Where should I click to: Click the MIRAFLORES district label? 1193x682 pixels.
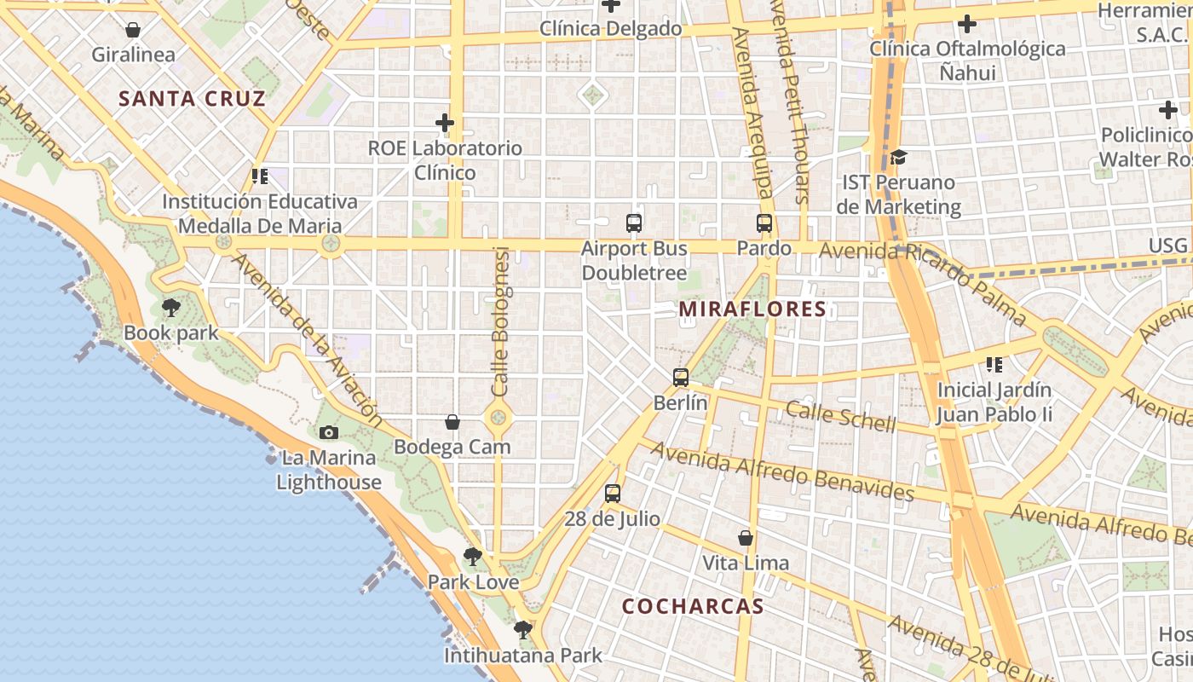tap(752, 309)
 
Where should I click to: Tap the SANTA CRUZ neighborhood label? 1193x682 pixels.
tap(192, 98)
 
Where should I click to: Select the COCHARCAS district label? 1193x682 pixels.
tap(692, 606)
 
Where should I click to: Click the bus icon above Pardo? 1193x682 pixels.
tap(764, 223)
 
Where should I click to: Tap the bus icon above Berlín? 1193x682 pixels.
tap(680, 377)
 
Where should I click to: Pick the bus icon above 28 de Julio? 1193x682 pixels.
tap(612, 493)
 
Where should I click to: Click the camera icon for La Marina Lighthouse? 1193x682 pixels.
tap(328, 432)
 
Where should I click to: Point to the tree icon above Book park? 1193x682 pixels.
tap(171, 307)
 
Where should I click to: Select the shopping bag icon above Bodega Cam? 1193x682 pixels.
tap(452, 422)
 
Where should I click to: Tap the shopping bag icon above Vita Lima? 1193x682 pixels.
tap(746, 538)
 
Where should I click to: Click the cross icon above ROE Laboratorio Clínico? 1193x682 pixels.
tap(445, 123)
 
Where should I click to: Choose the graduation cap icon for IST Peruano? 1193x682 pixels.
tap(898, 157)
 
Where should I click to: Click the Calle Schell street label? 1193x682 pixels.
tap(840, 416)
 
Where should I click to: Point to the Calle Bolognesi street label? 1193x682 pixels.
tap(500, 321)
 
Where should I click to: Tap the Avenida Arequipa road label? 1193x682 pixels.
tap(753, 111)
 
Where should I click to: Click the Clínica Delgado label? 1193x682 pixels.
tap(611, 29)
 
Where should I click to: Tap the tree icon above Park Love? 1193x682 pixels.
tap(472, 558)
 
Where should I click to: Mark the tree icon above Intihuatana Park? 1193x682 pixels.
tap(522, 630)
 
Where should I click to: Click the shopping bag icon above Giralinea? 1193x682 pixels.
tap(133, 30)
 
